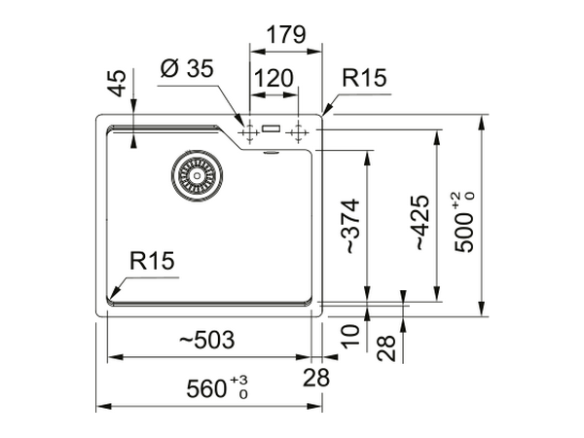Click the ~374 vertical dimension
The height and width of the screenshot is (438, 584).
click(x=350, y=227)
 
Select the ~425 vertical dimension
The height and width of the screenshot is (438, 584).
click(x=420, y=223)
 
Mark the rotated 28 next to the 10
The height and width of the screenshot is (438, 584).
click(x=386, y=347)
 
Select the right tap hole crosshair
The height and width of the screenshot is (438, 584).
click(x=297, y=129)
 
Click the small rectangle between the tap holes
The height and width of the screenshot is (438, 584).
click(x=272, y=128)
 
